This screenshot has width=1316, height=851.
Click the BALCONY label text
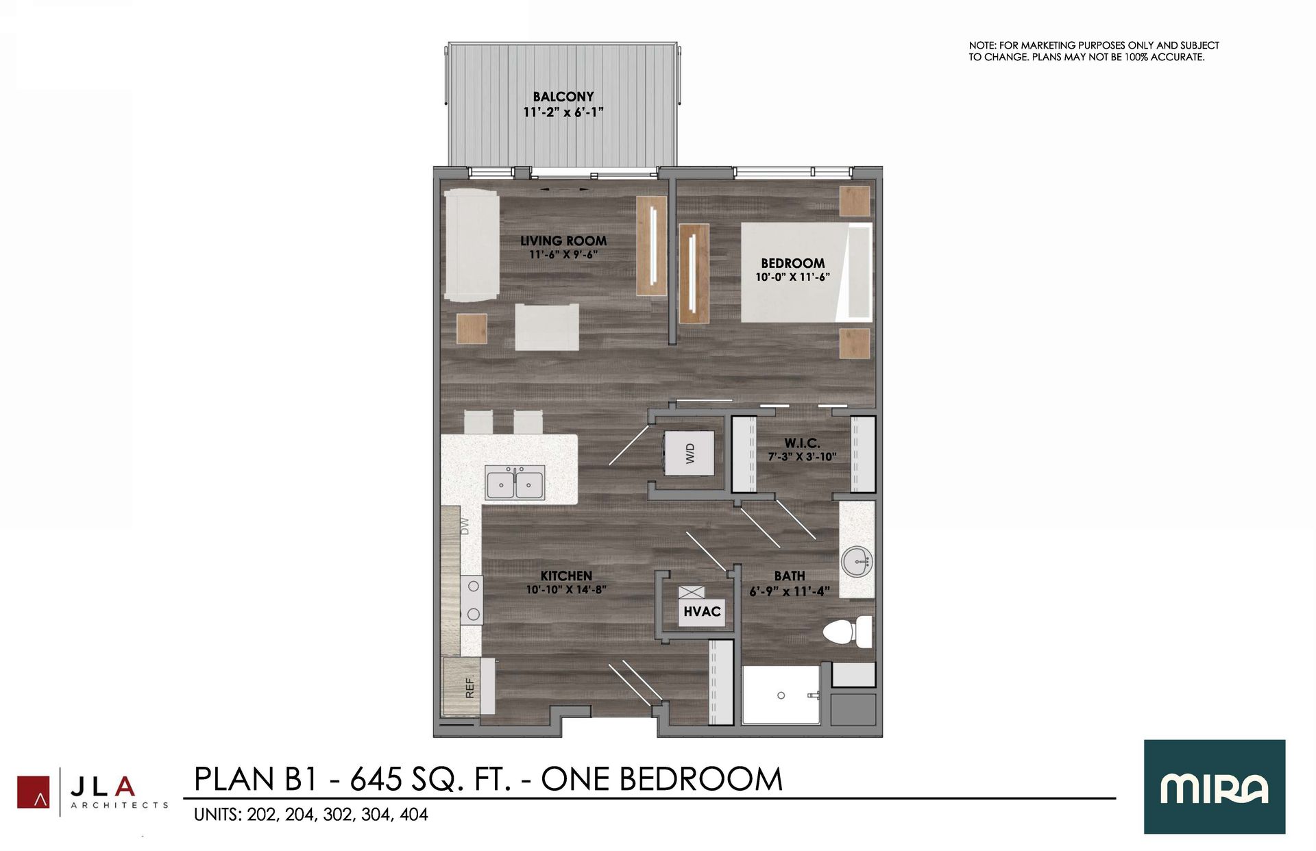tap(563, 97)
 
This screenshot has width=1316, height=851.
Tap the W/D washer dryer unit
tap(689, 453)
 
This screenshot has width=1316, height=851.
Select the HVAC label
tap(702, 611)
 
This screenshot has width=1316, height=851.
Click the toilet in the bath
tap(847, 631)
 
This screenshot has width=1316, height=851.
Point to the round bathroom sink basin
tap(856, 561)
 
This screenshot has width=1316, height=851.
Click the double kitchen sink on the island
tap(515, 483)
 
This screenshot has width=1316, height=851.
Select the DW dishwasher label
tap(465, 526)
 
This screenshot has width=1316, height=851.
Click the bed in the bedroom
tap(805, 272)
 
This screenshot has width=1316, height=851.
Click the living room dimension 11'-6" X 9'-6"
tap(563, 255)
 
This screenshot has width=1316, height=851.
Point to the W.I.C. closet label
tap(802, 443)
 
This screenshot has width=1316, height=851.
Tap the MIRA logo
tap(1214, 787)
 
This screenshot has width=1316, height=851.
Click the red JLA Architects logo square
tap(33, 792)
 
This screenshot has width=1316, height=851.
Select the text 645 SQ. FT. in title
tap(430, 780)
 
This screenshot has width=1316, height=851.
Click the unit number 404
tap(414, 815)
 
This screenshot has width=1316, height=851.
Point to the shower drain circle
tap(781, 695)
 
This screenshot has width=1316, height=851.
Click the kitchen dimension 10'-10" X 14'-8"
tap(565, 590)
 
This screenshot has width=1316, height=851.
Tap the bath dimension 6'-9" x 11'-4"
tap(789, 591)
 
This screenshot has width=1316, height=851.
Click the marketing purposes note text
tap(1093, 51)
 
